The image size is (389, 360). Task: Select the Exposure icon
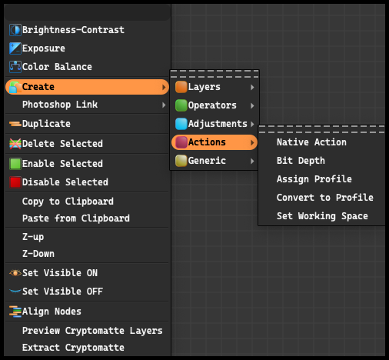click(x=15, y=48)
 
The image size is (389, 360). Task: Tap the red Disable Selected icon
click(x=15, y=182)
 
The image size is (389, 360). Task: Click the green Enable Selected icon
click(x=15, y=164)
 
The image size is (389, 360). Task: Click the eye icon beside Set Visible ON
click(x=15, y=273)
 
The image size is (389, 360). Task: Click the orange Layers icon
click(x=181, y=87)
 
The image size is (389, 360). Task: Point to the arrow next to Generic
click(x=252, y=161)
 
